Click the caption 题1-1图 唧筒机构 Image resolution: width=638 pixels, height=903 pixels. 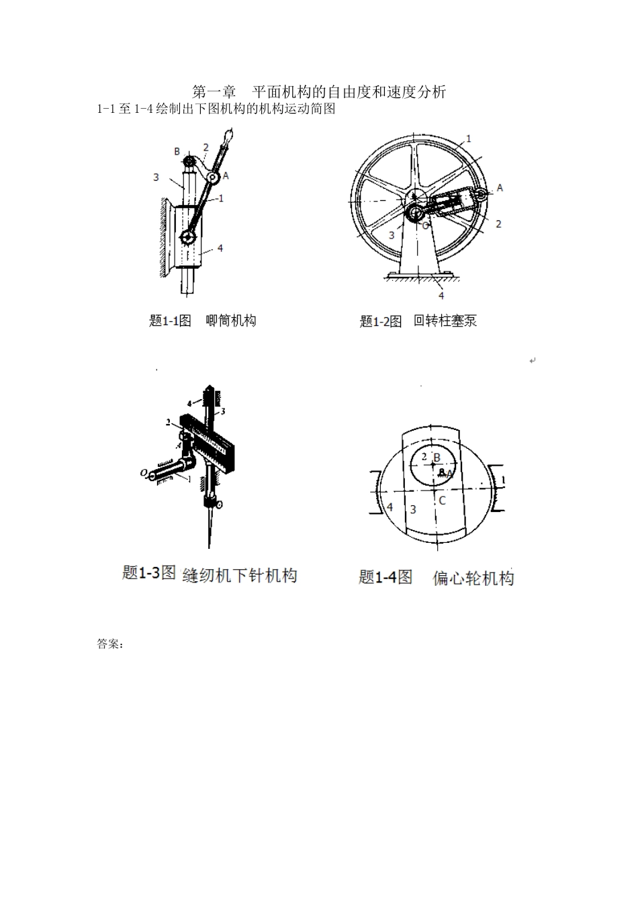(202, 320)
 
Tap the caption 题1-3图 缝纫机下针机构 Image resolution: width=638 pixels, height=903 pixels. (210, 574)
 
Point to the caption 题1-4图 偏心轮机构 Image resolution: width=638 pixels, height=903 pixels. (436, 577)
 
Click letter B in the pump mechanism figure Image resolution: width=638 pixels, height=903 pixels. (177, 152)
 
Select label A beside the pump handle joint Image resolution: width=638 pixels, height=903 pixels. (226, 175)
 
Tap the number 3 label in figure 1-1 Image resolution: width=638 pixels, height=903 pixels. (156, 177)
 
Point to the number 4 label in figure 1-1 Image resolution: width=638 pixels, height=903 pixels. (220, 248)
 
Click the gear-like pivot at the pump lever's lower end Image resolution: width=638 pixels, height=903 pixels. (188, 238)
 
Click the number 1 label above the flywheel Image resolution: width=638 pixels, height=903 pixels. (468, 138)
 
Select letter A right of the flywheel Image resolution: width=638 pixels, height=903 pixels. (500, 188)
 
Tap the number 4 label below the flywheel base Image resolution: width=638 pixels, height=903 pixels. (441, 295)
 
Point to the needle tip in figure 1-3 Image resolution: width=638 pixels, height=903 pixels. (208, 546)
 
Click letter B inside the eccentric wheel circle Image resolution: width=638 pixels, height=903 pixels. (437, 458)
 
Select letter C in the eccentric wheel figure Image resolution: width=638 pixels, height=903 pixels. (441, 501)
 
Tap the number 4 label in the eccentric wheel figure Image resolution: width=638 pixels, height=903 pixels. (390, 507)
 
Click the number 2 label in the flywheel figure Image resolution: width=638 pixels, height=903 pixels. (498, 224)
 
